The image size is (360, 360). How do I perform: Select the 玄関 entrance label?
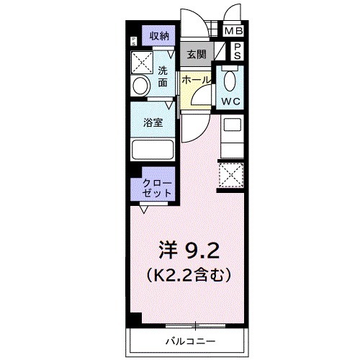coord(196,54)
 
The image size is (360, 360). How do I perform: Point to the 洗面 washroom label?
coord(163,76)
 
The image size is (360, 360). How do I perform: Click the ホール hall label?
coord(195,80)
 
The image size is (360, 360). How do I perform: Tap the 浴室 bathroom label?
coord(152,122)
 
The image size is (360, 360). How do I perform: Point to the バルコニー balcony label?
coord(192,339)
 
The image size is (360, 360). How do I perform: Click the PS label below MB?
coord(236,51)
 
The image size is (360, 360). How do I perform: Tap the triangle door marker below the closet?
coord(145,209)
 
